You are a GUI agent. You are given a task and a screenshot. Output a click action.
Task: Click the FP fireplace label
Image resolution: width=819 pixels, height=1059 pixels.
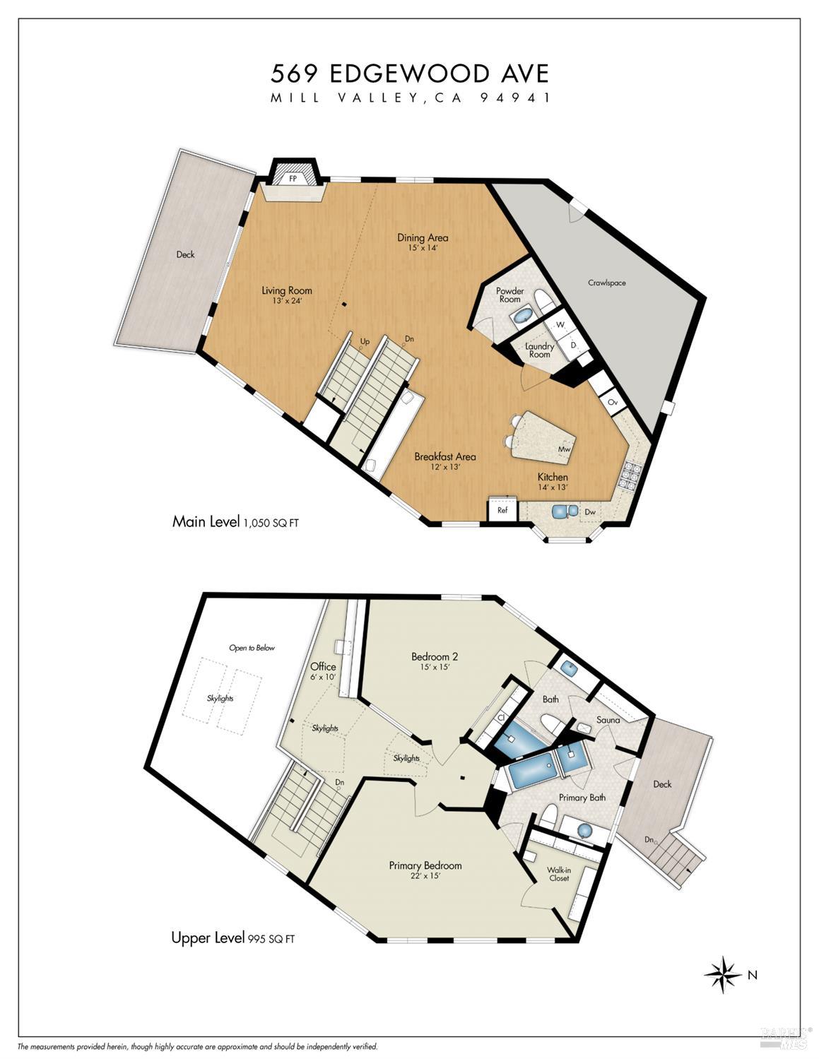click(x=293, y=179)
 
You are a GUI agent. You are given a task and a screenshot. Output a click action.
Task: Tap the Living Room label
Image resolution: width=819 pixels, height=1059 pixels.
click(x=287, y=290)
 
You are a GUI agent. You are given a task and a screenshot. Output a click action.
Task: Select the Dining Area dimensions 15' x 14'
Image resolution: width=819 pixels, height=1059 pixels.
click(x=423, y=248)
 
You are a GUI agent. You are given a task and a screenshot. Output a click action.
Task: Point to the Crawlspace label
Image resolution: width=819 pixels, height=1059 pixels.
click(x=606, y=283)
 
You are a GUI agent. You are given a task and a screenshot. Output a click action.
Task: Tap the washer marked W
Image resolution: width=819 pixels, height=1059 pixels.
click(x=560, y=324)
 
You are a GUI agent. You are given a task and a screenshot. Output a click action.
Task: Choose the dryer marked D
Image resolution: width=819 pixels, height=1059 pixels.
click(x=573, y=345)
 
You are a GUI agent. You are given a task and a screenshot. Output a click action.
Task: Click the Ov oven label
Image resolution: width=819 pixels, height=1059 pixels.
click(x=613, y=403)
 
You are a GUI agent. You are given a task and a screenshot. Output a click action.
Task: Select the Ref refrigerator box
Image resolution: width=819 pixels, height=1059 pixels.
click(x=502, y=509)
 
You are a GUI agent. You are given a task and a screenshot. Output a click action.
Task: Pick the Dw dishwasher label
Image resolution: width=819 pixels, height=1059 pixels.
click(x=590, y=511)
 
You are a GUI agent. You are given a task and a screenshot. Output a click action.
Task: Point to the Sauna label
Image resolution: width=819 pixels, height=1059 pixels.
click(x=608, y=720)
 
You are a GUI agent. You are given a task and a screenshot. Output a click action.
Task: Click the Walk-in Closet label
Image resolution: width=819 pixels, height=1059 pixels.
click(x=559, y=874)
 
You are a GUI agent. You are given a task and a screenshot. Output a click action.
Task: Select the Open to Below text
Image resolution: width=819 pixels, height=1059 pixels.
click(x=252, y=648)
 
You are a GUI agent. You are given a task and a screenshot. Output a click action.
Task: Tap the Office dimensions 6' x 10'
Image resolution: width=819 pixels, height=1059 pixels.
click(x=323, y=677)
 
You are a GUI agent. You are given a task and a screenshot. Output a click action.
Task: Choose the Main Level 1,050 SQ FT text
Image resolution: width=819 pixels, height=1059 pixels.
click(x=235, y=522)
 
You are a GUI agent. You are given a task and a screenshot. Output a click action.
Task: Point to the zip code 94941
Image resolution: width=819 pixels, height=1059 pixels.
click(x=515, y=97)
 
